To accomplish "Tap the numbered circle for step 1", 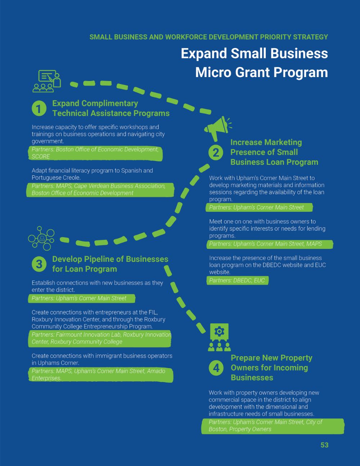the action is [39, 108].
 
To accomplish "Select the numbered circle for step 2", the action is [216, 153].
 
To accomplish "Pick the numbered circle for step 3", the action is [39, 264].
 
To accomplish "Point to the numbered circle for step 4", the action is [216, 368].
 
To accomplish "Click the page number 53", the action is [324, 445].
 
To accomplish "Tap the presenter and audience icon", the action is [47, 81].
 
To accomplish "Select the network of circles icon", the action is [41, 238].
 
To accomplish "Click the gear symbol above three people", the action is [219, 332].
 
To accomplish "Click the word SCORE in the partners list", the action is [41, 156].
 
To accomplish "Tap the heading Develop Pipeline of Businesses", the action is [110, 259].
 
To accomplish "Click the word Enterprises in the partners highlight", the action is [46, 378].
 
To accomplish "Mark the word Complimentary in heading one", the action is [109, 104].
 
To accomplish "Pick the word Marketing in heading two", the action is [283, 142].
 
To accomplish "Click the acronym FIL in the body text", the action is [153, 312].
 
